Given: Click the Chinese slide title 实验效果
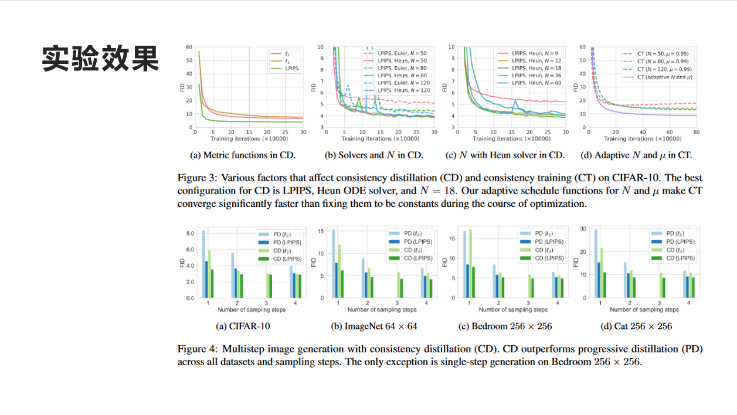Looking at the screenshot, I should click(x=100, y=59).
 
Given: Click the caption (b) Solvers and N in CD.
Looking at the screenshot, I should click(x=374, y=155).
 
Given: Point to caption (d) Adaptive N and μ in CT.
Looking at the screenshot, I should click(x=637, y=155).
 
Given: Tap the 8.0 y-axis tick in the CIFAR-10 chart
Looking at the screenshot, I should click(x=190, y=233).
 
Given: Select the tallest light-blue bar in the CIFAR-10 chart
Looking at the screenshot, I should click(x=203, y=264).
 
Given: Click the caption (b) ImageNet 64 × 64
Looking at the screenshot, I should click(x=374, y=326).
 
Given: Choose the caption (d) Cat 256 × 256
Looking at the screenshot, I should click(x=636, y=326).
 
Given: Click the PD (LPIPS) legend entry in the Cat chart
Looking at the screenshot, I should click(x=676, y=241).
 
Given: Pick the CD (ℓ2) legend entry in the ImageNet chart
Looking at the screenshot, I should click(x=410, y=250).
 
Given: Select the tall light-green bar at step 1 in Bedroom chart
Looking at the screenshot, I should click(x=470, y=263).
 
